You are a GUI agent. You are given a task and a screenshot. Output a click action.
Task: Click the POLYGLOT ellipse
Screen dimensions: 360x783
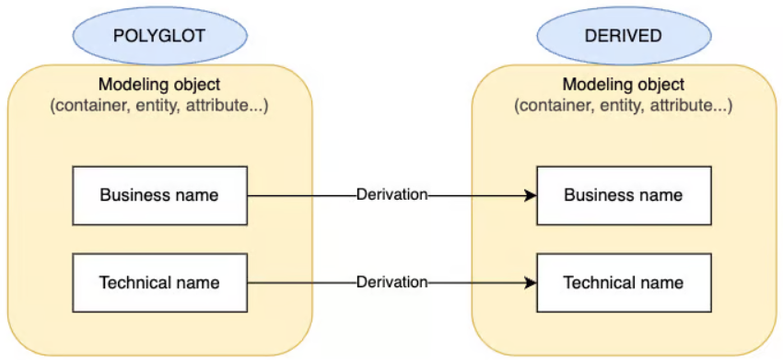click(159, 36)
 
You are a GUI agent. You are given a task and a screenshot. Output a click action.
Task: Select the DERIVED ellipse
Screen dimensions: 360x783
click(623, 36)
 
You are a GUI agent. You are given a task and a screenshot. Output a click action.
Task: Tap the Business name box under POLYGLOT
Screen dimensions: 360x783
click(159, 195)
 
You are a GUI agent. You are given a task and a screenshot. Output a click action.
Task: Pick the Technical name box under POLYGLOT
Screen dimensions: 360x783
click(159, 282)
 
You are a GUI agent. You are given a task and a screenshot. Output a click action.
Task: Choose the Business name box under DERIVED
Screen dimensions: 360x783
click(624, 195)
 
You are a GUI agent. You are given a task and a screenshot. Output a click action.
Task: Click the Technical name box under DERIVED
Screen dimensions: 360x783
click(624, 282)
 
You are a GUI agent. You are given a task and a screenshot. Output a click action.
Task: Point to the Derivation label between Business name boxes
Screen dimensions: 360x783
click(392, 195)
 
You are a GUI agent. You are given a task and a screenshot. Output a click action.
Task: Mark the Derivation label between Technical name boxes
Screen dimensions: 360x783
click(392, 282)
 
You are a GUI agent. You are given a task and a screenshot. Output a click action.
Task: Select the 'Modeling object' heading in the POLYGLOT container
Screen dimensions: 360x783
click(158, 86)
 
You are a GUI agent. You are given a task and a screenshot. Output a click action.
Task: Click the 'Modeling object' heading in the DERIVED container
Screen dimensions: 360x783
click(623, 86)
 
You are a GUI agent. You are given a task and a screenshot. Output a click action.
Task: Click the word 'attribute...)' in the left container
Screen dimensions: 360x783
click(227, 106)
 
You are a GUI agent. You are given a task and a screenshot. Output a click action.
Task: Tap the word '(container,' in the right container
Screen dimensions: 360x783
click(552, 106)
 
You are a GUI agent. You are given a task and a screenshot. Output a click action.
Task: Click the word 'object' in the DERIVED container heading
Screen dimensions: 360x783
click(660, 86)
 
